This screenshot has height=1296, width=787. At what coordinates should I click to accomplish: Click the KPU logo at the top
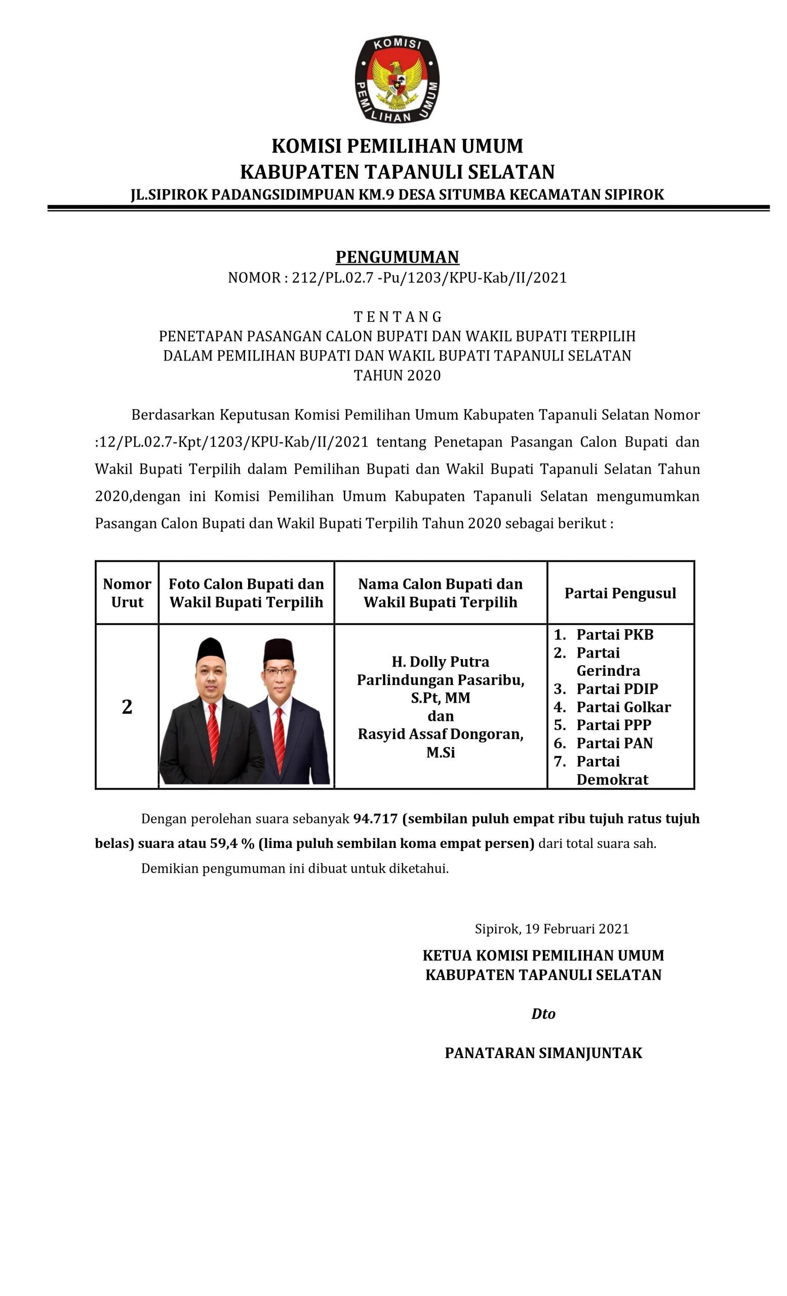(397, 79)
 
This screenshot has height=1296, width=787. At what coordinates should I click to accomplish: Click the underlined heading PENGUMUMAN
(397, 257)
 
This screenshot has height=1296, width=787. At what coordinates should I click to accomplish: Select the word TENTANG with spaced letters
(397, 316)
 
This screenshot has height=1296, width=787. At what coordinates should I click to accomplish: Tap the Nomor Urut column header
(127, 593)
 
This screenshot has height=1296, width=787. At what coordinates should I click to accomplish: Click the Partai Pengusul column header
(620, 593)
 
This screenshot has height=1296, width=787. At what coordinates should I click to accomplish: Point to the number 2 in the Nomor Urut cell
(127, 706)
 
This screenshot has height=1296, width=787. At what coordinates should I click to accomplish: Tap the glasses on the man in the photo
(279, 672)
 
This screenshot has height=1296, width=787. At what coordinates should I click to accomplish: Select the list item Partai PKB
(614, 634)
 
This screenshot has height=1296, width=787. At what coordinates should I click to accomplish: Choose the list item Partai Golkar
(623, 707)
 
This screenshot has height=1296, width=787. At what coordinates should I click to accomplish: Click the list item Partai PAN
(614, 743)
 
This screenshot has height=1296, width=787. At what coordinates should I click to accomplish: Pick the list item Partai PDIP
(616, 688)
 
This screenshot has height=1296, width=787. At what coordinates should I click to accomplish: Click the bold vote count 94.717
(375, 819)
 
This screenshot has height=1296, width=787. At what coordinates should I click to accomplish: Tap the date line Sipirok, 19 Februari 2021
(552, 928)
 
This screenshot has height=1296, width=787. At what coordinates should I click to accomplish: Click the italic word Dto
(543, 1014)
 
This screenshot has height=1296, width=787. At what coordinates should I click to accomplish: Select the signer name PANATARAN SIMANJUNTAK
(543, 1052)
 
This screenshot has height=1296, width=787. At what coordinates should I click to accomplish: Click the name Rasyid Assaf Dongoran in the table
(440, 734)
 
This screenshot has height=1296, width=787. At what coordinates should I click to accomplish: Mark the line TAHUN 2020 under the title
(397, 376)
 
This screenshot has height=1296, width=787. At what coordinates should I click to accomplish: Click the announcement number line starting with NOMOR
(397, 278)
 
